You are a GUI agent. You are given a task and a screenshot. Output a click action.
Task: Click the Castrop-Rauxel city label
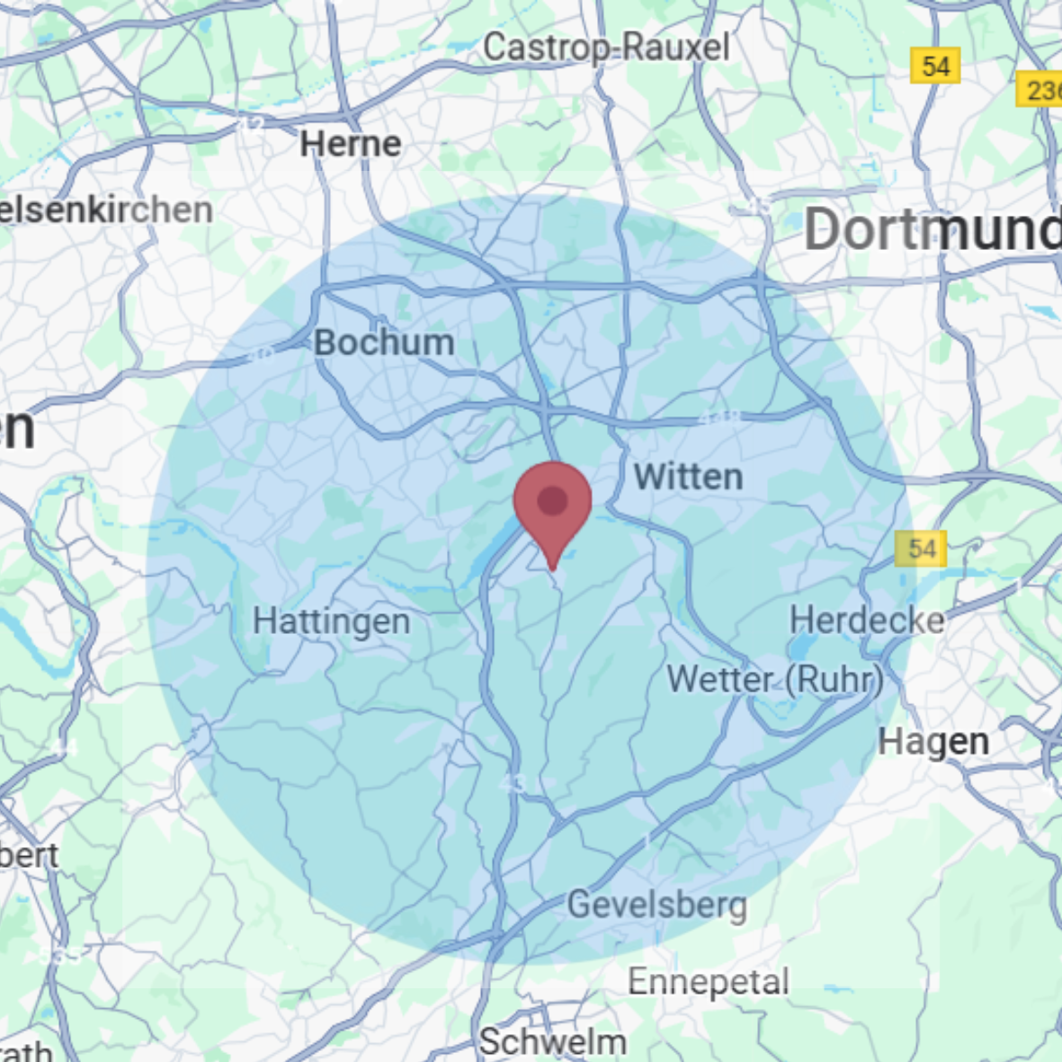606,48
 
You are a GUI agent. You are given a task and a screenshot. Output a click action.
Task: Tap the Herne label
351,144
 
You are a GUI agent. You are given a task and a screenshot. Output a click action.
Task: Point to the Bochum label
384,343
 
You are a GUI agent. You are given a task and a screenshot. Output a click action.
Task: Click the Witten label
688,477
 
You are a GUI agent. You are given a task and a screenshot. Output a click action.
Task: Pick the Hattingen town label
331,621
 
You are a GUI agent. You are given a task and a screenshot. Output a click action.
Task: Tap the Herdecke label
867,620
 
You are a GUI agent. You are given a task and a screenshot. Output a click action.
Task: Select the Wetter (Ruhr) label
774,680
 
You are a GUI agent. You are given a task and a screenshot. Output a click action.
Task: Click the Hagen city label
933,743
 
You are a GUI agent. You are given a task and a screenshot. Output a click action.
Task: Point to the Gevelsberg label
657,905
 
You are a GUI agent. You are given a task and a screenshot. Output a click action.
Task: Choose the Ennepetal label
709,982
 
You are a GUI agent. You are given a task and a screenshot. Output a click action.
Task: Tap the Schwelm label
552,1042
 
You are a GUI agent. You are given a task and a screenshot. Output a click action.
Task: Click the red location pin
552,504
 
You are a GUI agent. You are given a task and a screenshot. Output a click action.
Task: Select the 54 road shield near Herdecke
921,549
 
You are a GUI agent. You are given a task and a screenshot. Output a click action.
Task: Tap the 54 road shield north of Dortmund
935,66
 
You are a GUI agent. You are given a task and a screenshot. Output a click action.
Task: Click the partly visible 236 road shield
1040,90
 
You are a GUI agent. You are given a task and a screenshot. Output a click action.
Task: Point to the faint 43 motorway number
513,783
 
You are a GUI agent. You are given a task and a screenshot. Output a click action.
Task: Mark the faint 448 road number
719,417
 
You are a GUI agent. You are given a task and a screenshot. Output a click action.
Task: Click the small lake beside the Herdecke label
801,647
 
